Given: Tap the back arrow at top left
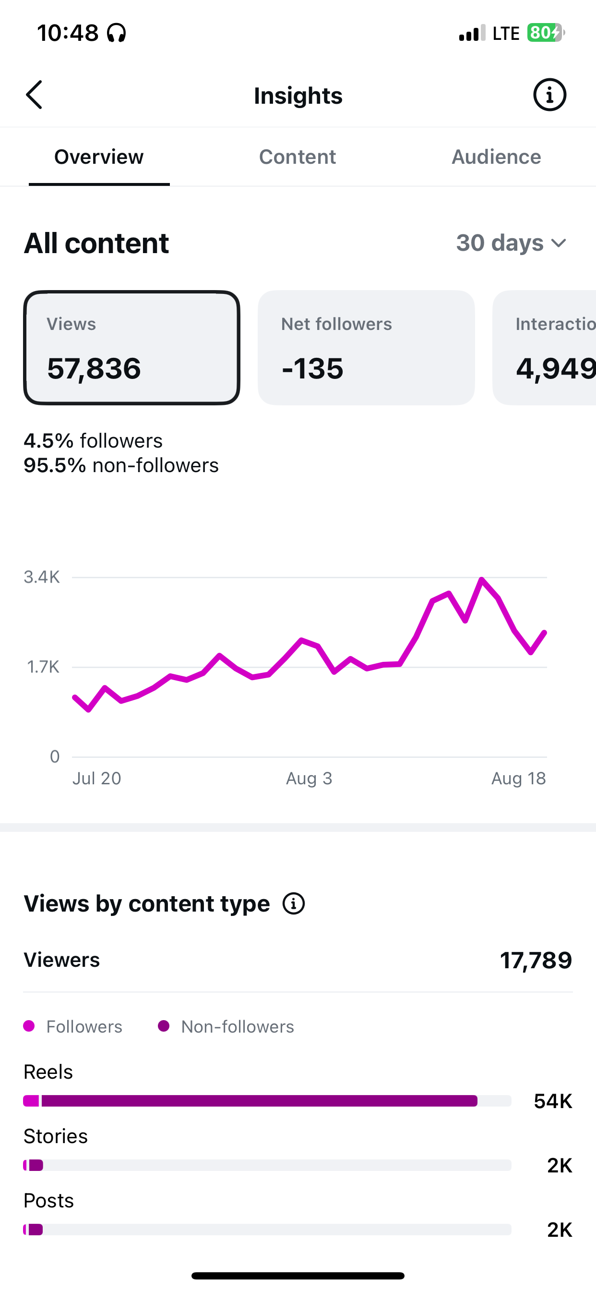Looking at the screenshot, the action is [34, 95].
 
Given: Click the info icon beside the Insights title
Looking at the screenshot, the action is [549, 95].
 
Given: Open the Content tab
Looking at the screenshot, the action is [298, 157].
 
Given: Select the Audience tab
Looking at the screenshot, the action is [496, 157].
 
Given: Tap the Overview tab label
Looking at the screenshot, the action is [99, 157].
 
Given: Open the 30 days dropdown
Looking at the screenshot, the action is [512, 243].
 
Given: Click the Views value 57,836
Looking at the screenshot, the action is [94, 368].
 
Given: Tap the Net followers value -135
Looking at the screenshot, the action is [312, 368].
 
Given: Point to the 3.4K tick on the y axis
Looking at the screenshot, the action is [42, 577].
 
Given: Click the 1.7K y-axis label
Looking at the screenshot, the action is [43, 667].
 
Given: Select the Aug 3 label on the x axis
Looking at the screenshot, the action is [309, 779].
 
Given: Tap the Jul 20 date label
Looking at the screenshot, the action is [96, 779].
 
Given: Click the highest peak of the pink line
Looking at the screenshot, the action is [481, 579].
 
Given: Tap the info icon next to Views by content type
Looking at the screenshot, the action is [294, 903].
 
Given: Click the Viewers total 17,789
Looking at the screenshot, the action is [536, 960].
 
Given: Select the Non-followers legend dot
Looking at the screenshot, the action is [163, 1026].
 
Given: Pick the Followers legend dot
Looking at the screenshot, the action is [29, 1026].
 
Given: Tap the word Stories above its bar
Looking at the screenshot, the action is [56, 1136].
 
